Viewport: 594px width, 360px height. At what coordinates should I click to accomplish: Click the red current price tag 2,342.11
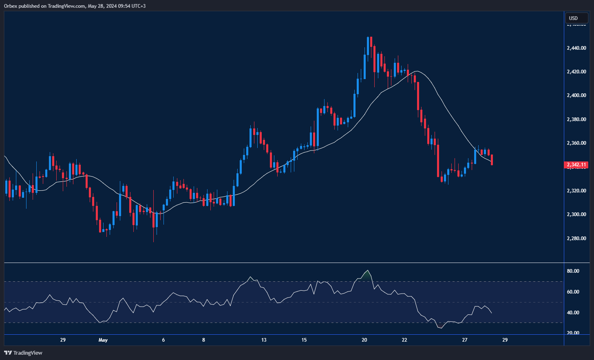click(576, 165)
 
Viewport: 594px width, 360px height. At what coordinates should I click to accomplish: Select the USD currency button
click(576, 18)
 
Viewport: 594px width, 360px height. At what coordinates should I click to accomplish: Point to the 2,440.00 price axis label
click(576, 48)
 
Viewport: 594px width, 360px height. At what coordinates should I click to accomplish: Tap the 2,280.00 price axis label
click(576, 239)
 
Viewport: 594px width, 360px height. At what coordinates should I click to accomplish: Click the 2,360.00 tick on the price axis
click(576, 143)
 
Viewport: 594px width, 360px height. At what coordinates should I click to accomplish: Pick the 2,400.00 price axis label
click(576, 95)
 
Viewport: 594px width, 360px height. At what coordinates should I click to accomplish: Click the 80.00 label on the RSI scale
click(573, 271)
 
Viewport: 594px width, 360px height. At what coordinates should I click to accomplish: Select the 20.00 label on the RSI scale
click(573, 333)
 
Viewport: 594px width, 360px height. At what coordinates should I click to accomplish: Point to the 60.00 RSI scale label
click(573, 292)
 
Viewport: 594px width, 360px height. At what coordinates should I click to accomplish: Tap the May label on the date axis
click(103, 340)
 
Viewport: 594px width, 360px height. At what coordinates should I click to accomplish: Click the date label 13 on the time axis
click(264, 340)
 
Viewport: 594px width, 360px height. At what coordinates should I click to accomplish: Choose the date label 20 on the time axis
click(364, 340)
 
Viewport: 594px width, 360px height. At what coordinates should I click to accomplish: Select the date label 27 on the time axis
click(465, 340)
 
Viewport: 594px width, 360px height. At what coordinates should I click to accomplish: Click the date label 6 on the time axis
click(163, 340)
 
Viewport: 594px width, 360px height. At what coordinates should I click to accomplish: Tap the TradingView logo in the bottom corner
click(23, 353)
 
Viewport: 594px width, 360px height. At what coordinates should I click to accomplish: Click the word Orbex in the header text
click(11, 6)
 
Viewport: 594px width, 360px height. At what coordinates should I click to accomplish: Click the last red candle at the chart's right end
click(492, 160)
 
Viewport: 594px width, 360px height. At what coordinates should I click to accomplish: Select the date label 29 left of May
click(63, 340)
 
